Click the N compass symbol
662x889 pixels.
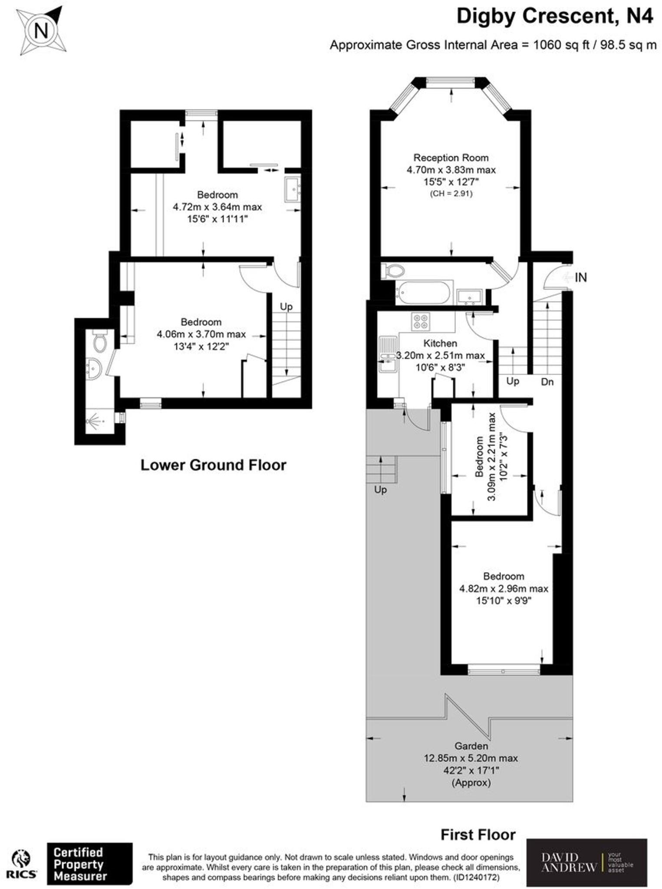point(41,31)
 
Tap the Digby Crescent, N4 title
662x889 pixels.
point(554,17)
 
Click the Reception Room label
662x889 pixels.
point(451,158)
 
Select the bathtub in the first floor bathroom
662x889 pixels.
point(424,293)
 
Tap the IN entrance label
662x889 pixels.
point(580,277)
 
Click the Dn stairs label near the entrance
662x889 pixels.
point(547,382)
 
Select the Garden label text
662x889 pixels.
point(471,746)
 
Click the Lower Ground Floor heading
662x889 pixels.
point(213,465)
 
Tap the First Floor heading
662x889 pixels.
point(478,835)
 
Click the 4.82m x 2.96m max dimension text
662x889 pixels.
point(504,589)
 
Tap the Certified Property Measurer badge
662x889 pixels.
point(89,864)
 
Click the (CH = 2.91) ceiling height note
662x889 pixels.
point(451,194)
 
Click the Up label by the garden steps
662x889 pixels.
point(380,490)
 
